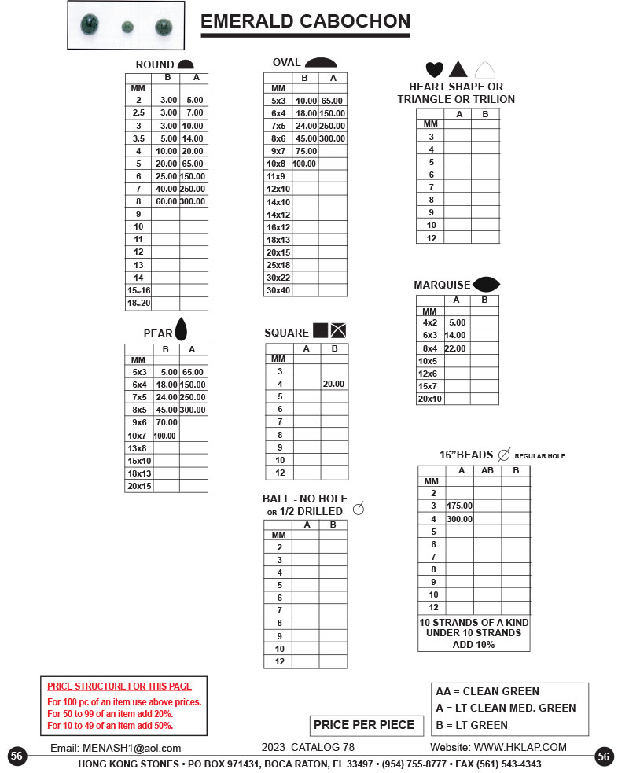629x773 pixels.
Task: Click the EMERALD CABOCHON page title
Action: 305,21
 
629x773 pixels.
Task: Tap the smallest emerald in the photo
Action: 126,27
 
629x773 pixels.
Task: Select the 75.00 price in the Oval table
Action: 305,151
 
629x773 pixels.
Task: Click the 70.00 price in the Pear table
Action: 166,422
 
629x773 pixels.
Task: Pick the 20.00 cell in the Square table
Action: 333,384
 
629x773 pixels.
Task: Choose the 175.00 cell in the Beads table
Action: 459,506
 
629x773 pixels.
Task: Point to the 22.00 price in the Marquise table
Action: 455,348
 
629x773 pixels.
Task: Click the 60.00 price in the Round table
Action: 166,201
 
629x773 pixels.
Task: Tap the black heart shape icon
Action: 434,69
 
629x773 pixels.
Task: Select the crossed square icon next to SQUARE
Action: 339,330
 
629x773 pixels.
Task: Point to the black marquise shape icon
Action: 486,284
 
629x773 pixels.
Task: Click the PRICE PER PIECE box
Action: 364,724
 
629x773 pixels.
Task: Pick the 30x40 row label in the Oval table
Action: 278,290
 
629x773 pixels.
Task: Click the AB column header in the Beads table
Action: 487,470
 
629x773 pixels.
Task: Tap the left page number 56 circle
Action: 17,756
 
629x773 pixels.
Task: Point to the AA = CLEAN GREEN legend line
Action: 487,692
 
